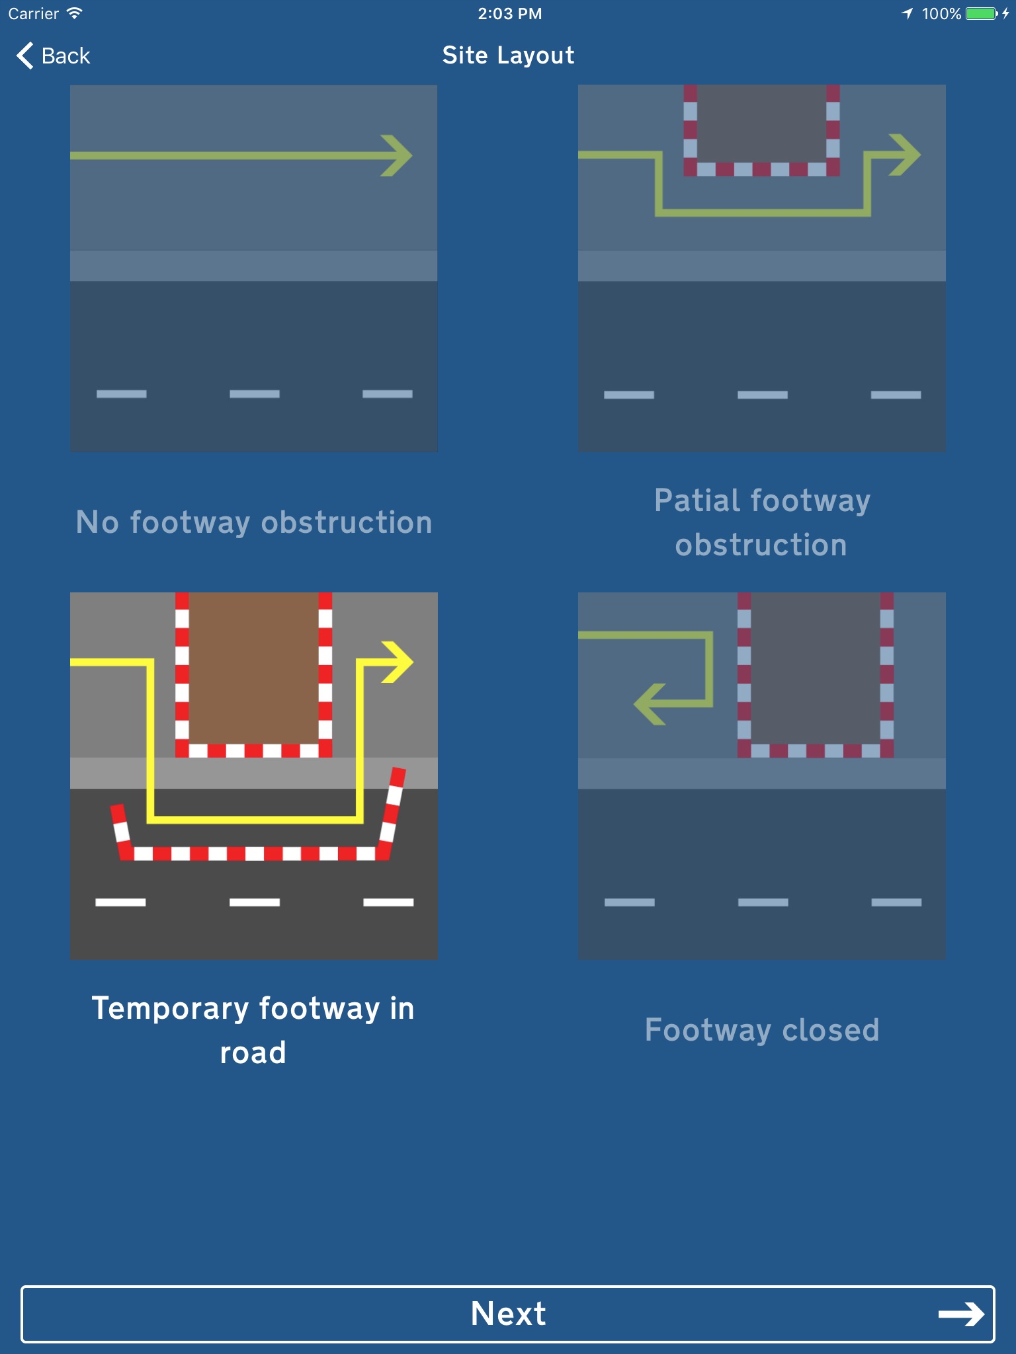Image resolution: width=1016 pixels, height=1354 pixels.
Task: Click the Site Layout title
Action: [508, 56]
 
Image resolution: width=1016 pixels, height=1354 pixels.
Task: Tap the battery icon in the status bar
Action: [981, 14]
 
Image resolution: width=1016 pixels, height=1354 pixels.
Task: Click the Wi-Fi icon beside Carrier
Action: [75, 13]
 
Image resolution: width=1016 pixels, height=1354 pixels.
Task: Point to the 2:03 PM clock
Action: [509, 14]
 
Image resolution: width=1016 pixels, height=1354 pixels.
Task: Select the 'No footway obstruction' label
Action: [254, 522]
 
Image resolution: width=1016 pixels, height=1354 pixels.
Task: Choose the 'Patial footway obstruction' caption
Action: [762, 522]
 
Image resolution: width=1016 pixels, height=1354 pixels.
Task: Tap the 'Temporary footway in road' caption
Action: [254, 1030]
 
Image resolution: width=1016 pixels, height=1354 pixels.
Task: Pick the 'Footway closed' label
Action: [762, 1030]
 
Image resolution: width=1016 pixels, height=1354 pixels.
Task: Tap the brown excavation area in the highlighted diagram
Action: [254, 668]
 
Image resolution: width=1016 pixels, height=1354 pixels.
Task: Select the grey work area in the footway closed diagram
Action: [816, 668]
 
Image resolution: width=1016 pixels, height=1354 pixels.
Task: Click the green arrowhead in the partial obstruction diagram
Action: [906, 155]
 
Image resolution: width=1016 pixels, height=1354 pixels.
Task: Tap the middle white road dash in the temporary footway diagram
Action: [255, 902]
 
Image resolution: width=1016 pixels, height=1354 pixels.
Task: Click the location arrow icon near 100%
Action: [908, 14]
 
